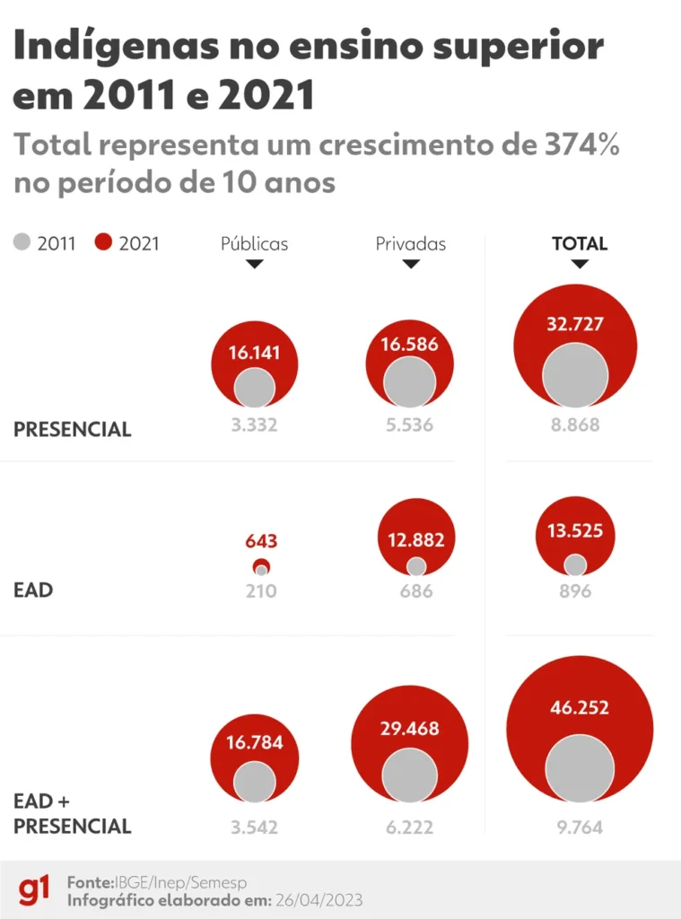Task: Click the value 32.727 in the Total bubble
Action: point(575,324)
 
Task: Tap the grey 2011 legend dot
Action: point(22,242)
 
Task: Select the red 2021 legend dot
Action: point(103,242)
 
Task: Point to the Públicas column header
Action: point(255,243)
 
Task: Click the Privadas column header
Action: point(410,243)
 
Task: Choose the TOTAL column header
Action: point(580,243)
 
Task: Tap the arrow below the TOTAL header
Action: point(580,264)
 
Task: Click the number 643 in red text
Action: point(261,542)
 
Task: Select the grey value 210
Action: point(261,591)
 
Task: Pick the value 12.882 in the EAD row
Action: point(416,540)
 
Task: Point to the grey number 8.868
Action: point(575,425)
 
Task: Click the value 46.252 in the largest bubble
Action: point(579,707)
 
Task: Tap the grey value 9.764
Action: point(579,827)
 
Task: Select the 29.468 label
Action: point(409,729)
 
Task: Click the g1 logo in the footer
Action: point(34,890)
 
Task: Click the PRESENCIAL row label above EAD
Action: point(73,430)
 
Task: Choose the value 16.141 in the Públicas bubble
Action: point(254,353)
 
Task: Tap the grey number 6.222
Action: point(409,827)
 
